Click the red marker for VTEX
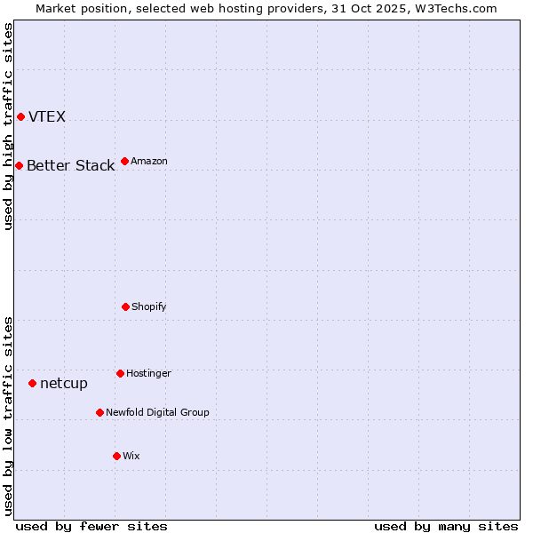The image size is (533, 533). pyautogui.click(x=20, y=116)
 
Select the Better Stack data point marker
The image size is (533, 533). pyautogui.click(x=19, y=165)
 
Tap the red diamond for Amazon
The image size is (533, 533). pyautogui.click(x=124, y=161)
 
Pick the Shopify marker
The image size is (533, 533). pyautogui.click(x=125, y=306)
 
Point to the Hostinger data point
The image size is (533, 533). pyautogui.click(x=120, y=373)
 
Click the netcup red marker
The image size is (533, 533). pyautogui.click(x=32, y=383)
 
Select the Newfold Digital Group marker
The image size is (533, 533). pyautogui.click(x=99, y=412)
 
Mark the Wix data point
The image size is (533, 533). pyautogui.click(x=116, y=456)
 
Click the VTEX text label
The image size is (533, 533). pyautogui.click(x=47, y=117)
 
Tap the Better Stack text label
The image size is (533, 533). pyautogui.click(x=70, y=166)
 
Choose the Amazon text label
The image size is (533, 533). pyautogui.click(x=149, y=162)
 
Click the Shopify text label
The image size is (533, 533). pyautogui.click(x=149, y=307)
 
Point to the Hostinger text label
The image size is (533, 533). pyautogui.click(x=148, y=374)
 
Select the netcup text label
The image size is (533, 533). pyautogui.click(x=64, y=384)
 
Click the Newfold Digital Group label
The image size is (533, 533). pyautogui.click(x=157, y=413)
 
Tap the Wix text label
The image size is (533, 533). pyautogui.click(x=131, y=457)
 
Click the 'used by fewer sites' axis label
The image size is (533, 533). pyautogui.click(x=91, y=526)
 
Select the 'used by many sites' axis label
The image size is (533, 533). pyautogui.click(x=446, y=526)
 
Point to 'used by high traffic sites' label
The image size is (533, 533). pyautogui.click(x=8, y=126)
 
